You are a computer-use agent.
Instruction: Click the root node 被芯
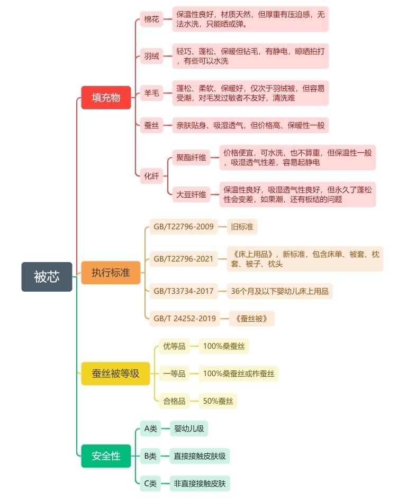47,276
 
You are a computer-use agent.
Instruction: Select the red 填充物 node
106,98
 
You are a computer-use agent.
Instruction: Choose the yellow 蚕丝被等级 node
115,374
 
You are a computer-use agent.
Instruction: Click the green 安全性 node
106,456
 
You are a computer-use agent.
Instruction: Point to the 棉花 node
151,20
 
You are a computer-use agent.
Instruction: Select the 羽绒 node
151,56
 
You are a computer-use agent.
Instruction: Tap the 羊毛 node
151,94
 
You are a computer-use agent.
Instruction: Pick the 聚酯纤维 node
191,157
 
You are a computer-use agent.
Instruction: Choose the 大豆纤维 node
191,194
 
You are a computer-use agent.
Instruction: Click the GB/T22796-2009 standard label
184,227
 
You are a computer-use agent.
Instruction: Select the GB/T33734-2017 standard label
184,291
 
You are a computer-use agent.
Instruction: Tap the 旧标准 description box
242,227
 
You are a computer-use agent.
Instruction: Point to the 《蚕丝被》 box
251,319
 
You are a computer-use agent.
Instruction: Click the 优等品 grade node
174,347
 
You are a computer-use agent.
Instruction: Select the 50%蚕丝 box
218,401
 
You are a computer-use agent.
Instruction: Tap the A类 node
151,429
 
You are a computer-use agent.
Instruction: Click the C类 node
151,483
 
